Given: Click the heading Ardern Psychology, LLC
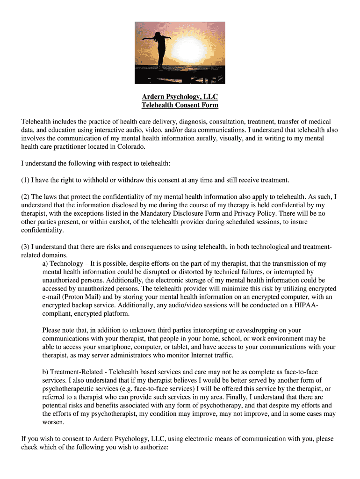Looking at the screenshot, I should click(x=180, y=97).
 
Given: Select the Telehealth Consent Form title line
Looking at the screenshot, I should click(x=180, y=105).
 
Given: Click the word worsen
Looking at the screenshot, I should click(x=53, y=422).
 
